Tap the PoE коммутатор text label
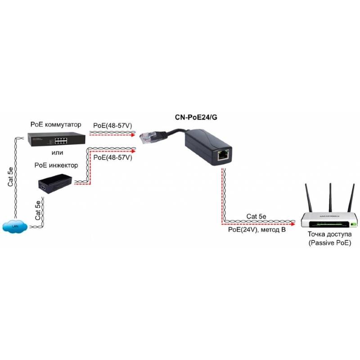coord(56,124)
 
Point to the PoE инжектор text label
coord(56,165)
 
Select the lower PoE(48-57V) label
coord(112,158)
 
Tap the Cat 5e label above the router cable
coord(258,216)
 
